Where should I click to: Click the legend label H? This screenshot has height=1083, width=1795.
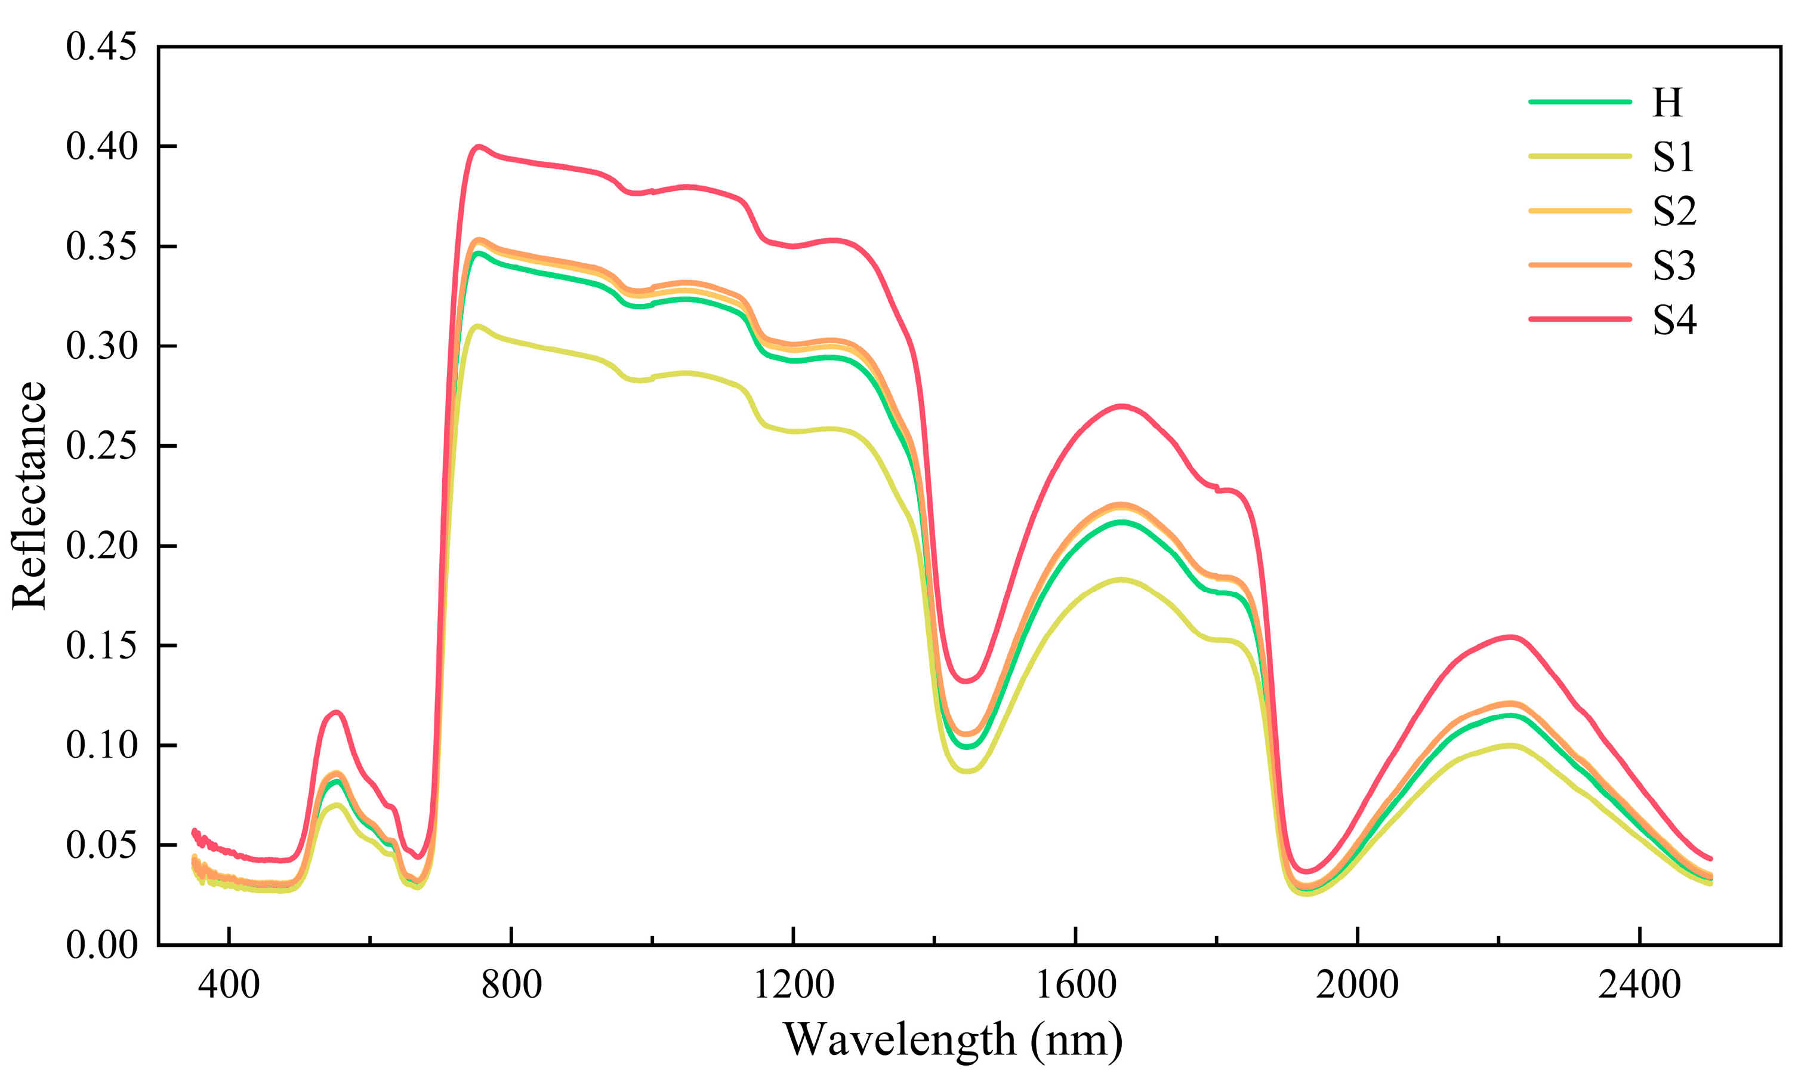coord(1667,103)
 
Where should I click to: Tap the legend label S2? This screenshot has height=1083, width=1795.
coord(1674,211)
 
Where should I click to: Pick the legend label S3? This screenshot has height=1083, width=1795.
coord(1674,266)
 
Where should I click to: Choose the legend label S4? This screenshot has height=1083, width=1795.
coord(1674,320)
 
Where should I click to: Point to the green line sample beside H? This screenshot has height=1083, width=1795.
coord(1580,102)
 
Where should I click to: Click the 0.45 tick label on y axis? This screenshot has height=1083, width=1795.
coord(101,47)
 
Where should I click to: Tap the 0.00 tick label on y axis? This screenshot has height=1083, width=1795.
coord(101,945)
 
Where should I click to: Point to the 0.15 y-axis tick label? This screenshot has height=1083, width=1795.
coord(101,646)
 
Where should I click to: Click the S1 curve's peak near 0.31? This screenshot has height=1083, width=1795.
coord(477,326)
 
